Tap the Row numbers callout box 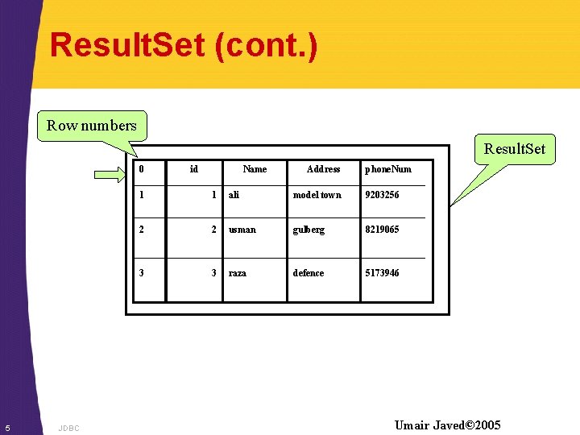point(92,125)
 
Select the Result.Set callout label point(514,148)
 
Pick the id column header point(193,169)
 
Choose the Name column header point(255,169)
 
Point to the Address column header point(323,169)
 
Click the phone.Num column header point(387,169)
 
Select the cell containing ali point(234,195)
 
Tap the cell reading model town point(317,195)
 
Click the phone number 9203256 point(382,195)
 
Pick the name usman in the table point(242,230)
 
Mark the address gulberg point(309,230)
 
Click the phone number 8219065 point(382,230)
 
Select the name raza point(238,273)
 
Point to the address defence point(309,273)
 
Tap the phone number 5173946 point(382,273)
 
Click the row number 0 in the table point(142,169)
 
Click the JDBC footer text point(69,428)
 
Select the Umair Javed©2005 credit point(447,425)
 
